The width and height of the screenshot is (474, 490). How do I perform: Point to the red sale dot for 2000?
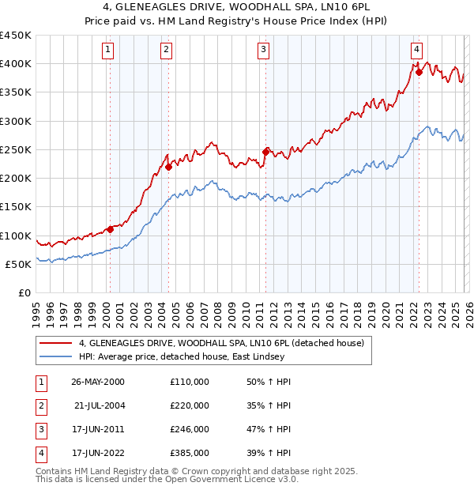[x=111, y=229]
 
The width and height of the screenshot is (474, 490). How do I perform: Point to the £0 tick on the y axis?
[x=24, y=292]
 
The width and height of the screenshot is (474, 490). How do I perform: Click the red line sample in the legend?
[x=56, y=343]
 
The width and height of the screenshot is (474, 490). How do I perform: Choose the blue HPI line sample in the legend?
[x=56, y=356]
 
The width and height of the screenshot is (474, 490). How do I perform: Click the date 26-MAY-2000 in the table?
[x=98, y=382]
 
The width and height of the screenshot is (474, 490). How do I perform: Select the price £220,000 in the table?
[x=190, y=405]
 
